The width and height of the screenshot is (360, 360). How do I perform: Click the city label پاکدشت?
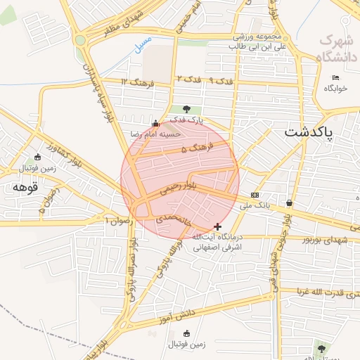tap(310, 132)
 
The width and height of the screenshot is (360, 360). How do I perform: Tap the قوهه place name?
tap(23, 188)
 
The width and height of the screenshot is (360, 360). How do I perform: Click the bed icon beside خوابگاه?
tap(335, 77)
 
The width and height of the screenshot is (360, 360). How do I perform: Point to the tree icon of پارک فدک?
tap(186, 109)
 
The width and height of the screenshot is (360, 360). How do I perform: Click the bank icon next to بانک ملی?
tap(254, 195)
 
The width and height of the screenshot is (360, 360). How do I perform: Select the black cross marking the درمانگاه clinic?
tap(218, 226)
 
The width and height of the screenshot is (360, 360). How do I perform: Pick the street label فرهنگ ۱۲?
tap(134, 83)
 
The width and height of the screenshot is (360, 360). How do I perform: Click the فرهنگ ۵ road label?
tap(193, 149)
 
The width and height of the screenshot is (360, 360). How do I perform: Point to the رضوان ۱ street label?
tap(117, 220)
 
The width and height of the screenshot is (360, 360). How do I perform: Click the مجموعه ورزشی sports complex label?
tap(257, 37)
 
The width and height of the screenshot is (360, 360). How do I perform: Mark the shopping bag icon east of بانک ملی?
tap(290, 204)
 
